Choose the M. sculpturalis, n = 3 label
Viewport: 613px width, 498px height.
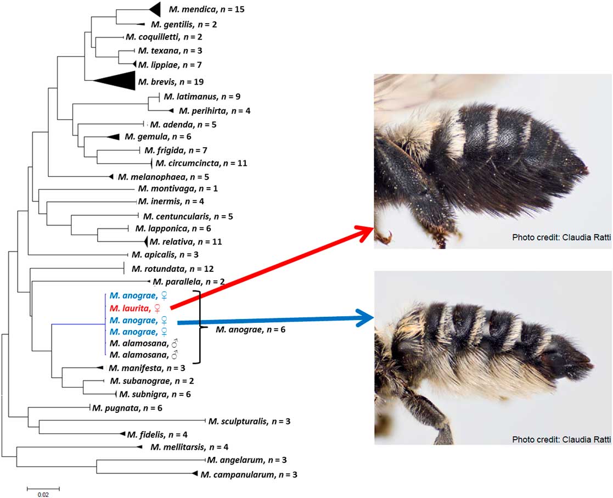pyautogui.click(x=249, y=422)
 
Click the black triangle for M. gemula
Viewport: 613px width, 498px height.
pyautogui.click(x=113, y=136)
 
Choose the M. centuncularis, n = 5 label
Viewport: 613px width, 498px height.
pyautogui.click(x=187, y=216)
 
